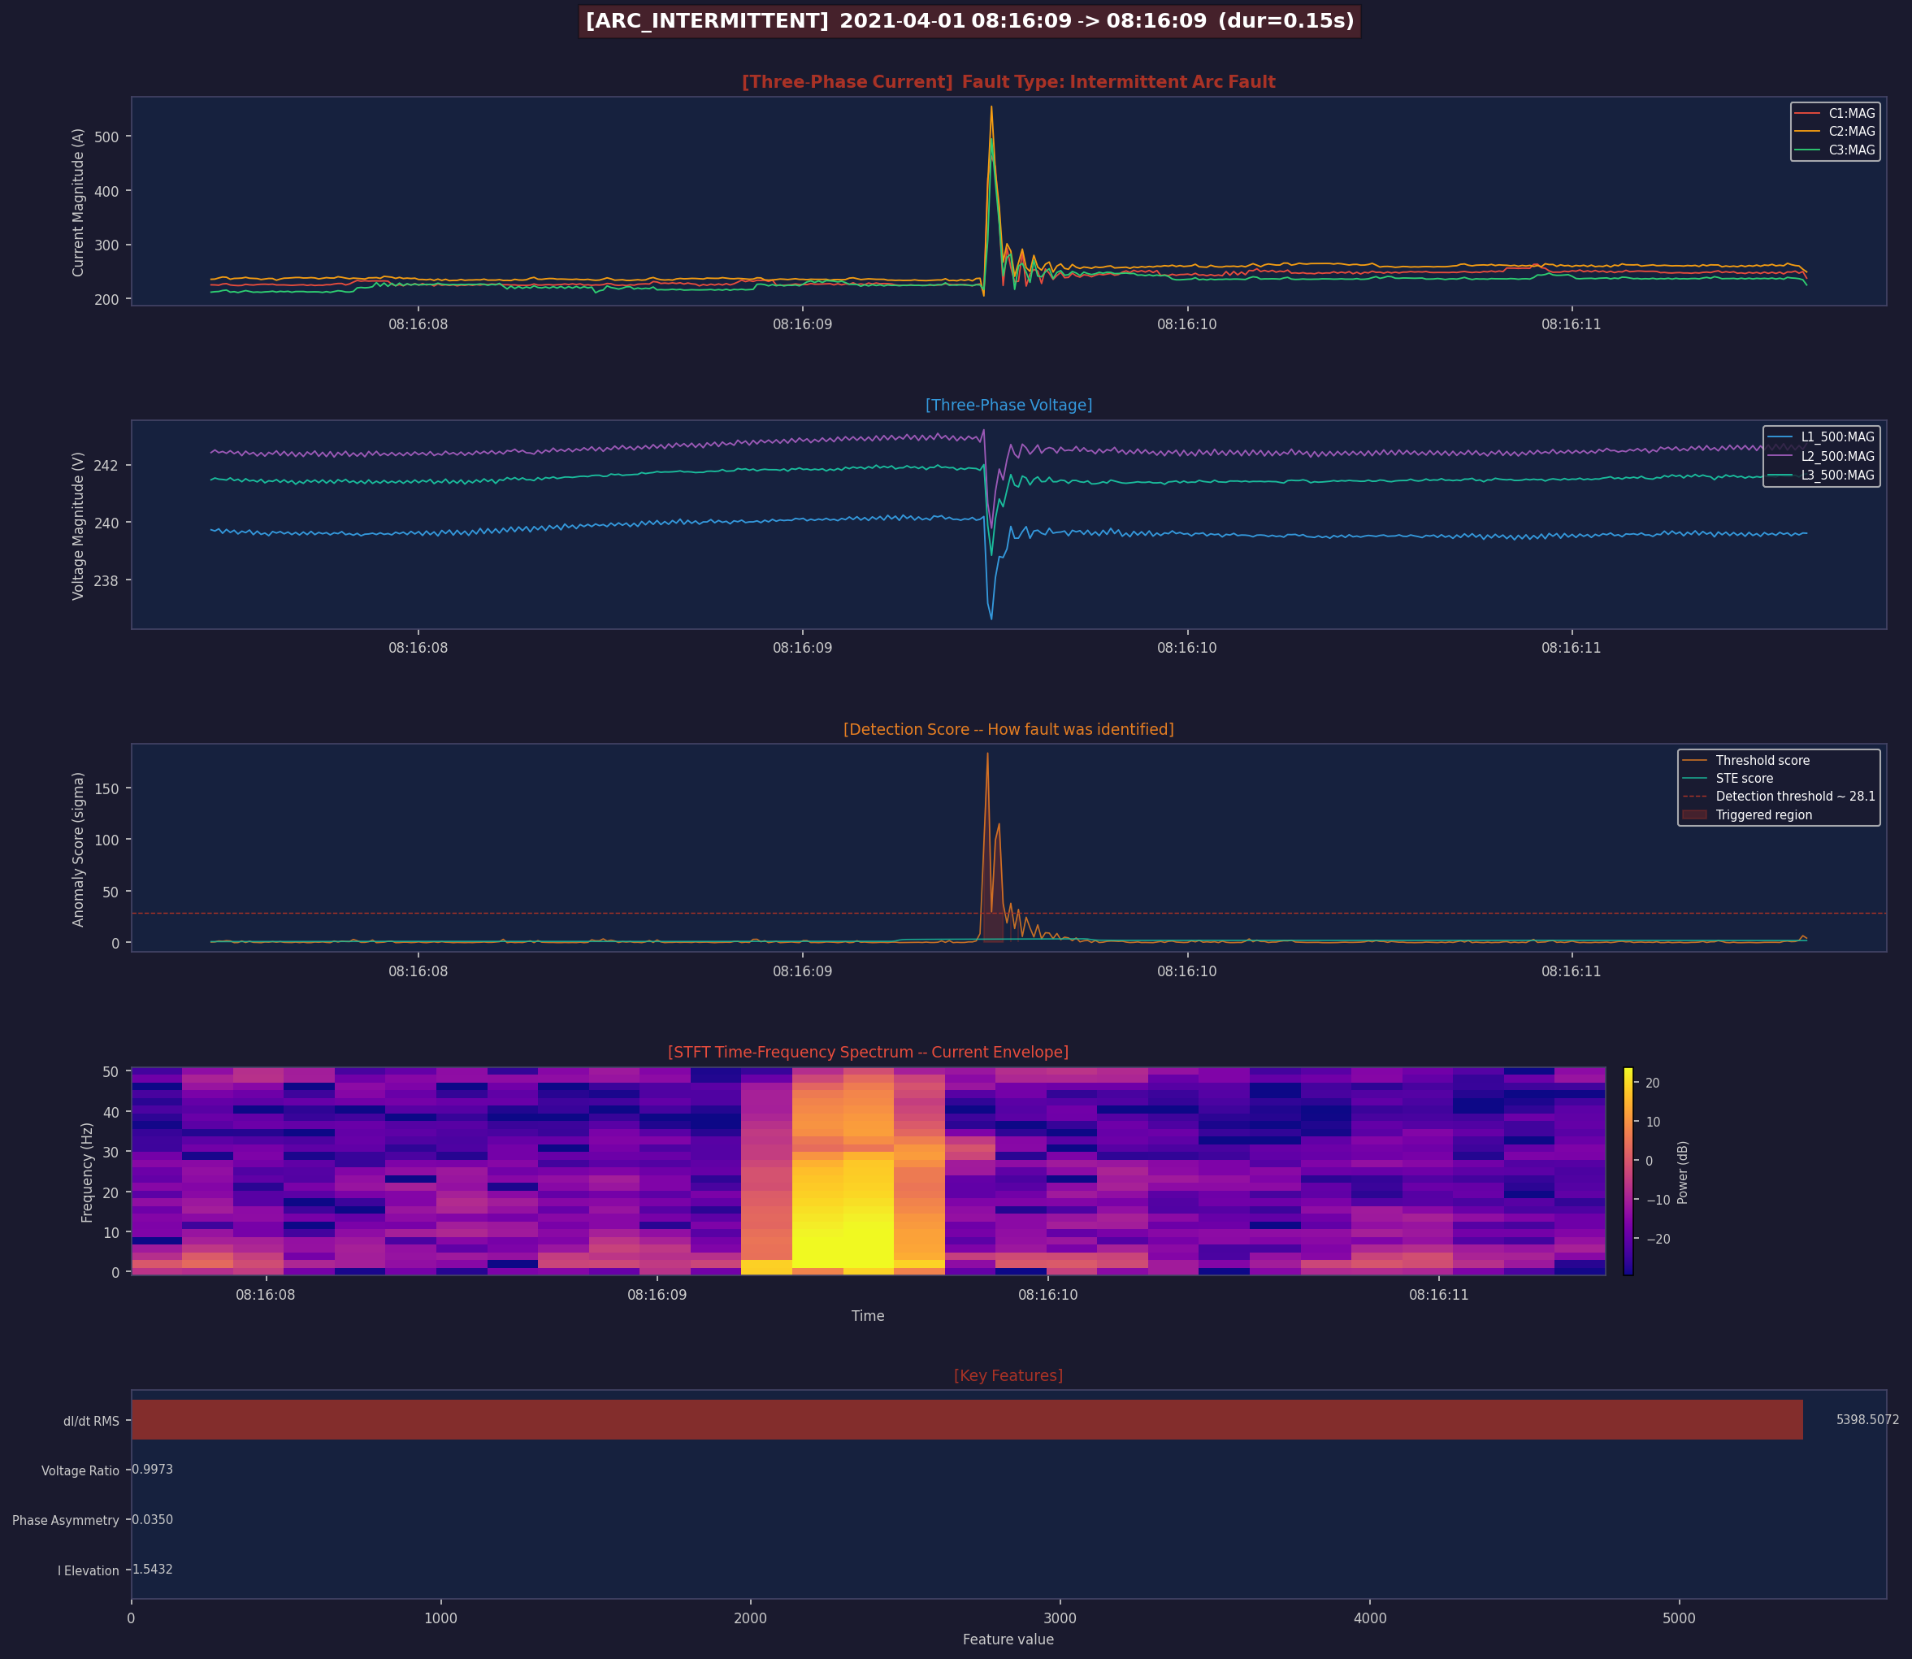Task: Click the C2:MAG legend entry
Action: [x=1834, y=132]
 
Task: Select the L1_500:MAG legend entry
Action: [x=1820, y=437]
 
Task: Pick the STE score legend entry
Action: [x=1727, y=779]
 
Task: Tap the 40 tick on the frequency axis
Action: [x=111, y=1112]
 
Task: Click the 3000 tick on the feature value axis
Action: [x=1060, y=1618]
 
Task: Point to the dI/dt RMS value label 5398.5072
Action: [x=1867, y=1419]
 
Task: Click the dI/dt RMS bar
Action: [x=967, y=1419]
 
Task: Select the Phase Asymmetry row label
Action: [x=66, y=1520]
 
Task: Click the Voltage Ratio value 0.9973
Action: [x=153, y=1470]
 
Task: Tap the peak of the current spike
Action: [x=991, y=106]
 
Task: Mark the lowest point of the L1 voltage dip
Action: [x=991, y=619]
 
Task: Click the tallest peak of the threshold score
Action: [x=987, y=753]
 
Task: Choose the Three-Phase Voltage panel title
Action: [x=1008, y=406]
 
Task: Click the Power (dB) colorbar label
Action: [x=1683, y=1172]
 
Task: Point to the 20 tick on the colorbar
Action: [x=1653, y=1084]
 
